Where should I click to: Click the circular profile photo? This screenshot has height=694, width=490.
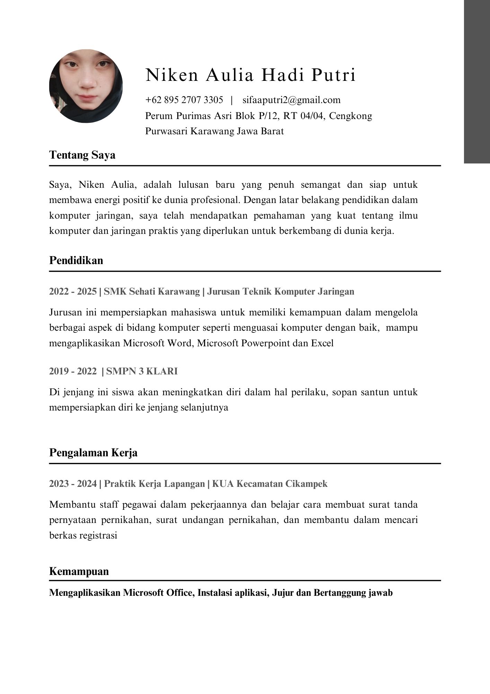click(x=86, y=86)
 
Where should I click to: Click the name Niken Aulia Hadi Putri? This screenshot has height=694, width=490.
click(x=251, y=75)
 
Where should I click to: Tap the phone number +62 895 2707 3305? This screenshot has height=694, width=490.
click(x=184, y=100)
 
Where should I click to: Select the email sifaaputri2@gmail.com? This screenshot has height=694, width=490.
click(x=291, y=100)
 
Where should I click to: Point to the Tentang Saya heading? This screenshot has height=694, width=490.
click(x=82, y=155)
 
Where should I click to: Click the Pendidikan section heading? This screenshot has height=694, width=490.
click(x=76, y=260)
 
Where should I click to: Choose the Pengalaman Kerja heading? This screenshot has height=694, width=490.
click(x=93, y=452)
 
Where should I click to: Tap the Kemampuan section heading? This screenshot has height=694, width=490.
click(x=79, y=571)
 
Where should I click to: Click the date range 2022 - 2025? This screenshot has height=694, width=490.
click(x=73, y=291)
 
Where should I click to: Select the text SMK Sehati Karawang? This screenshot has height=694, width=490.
click(x=152, y=291)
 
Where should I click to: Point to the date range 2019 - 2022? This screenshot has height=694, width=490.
click(x=73, y=371)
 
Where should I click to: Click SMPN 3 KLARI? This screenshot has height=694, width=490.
click(x=142, y=371)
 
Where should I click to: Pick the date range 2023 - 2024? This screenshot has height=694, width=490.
click(x=73, y=483)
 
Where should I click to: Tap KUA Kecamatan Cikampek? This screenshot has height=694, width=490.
click(x=270, y=483)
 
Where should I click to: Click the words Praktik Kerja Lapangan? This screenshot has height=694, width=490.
click(x=154, y=483)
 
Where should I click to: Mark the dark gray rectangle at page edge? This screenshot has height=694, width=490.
click(x=477, y=82)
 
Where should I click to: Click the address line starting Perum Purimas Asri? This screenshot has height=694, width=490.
click(x=259, y=116)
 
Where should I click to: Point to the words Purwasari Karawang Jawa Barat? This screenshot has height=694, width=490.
click(x=215, y=131)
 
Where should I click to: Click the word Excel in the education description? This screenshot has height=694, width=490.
click(x=322, y=343)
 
